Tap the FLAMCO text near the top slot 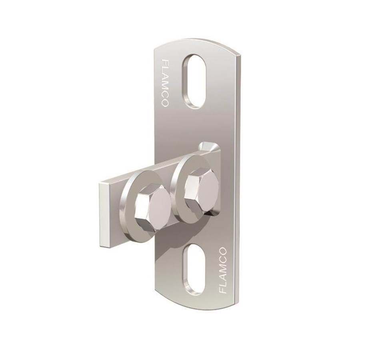[165, 83]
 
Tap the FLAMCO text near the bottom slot [223, 271]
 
